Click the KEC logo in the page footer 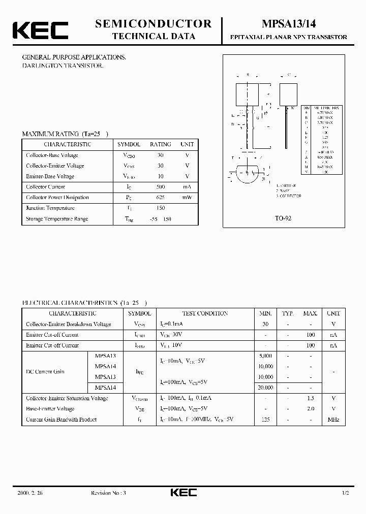coord(183,493)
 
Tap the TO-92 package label coord(283,217)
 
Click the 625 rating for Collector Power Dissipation coord(161,198)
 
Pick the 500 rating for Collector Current coord(161,187)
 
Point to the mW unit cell coord(187,198)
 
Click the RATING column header coord(161,144)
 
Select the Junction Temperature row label coord(50,208)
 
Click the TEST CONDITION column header coord(205,313)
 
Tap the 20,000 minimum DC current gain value coord(266,388)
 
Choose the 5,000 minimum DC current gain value coord(266,356)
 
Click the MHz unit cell coord(333,420)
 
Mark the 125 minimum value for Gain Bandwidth coord(266,420)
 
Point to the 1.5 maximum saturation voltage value coord(311,398)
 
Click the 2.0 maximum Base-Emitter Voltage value coord(311,409)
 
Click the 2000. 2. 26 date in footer coord(30,493)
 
